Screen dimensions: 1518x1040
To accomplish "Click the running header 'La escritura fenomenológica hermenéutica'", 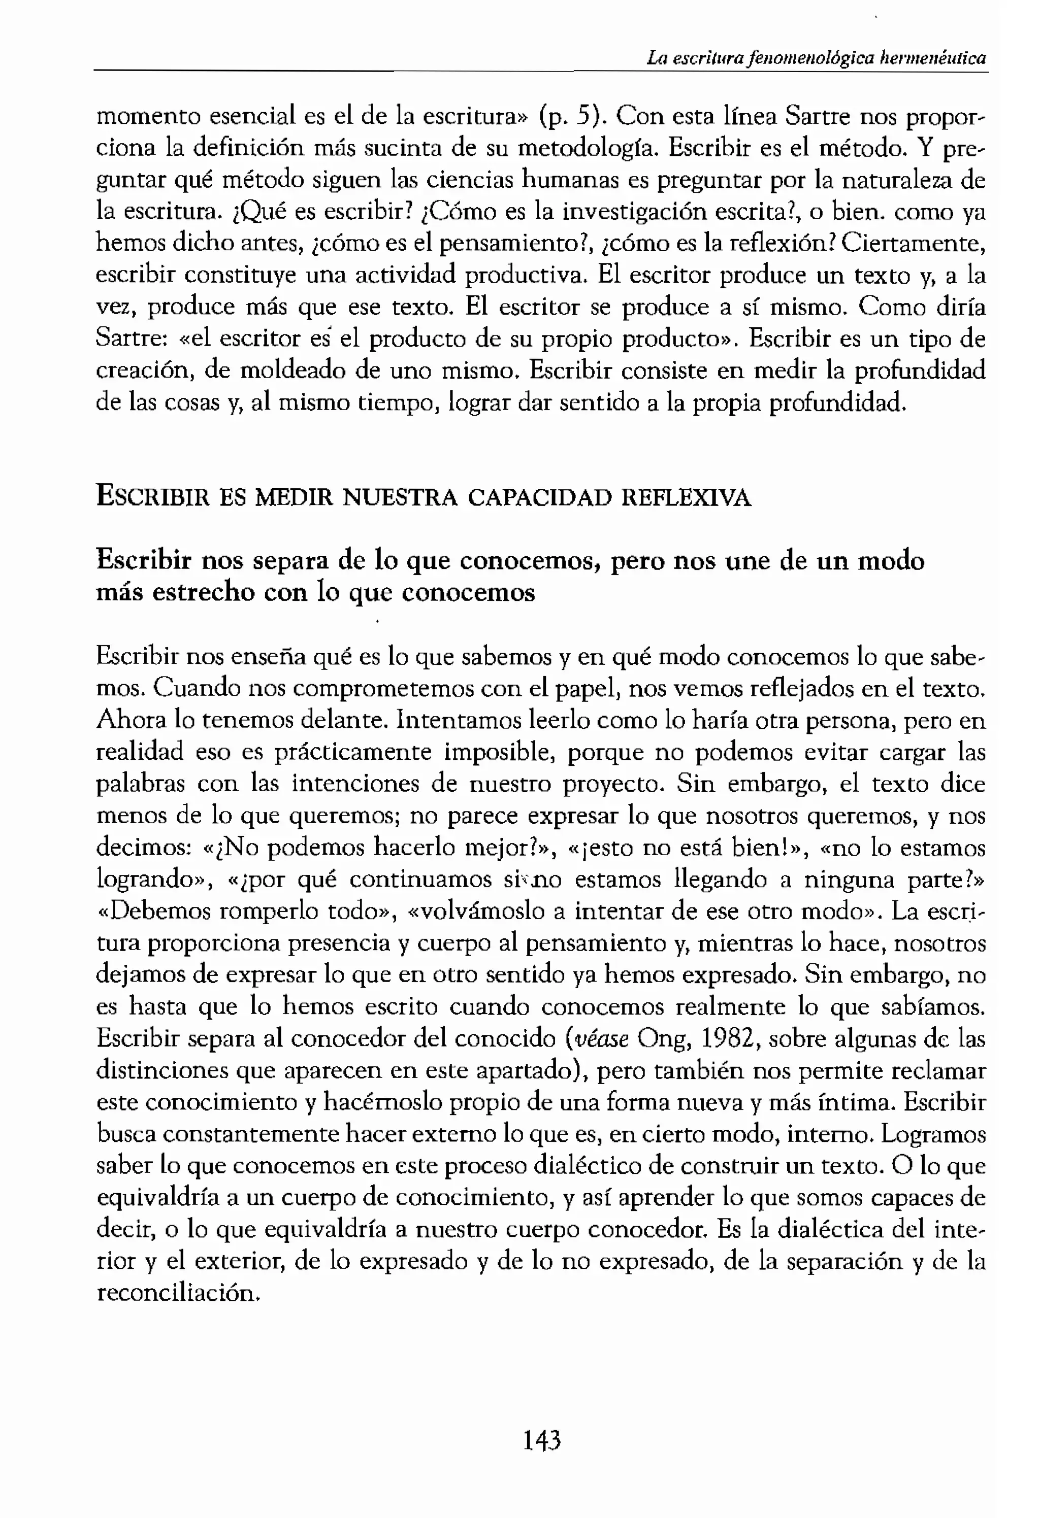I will click(x=816, y=58).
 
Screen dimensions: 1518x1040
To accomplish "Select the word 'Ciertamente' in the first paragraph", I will click(x=913, y=244).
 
